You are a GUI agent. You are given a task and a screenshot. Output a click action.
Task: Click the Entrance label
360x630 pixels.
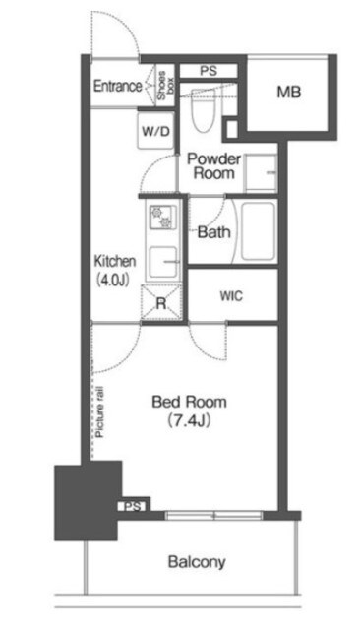click(118, 86)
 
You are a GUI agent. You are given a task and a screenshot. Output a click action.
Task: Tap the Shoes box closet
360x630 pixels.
click(165, 86)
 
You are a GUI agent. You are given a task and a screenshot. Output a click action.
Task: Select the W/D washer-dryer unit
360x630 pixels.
click(155, 131)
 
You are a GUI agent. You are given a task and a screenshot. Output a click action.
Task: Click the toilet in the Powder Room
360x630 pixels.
click(203, 110)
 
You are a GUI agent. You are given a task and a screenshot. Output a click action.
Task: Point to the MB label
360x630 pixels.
click(289, 93)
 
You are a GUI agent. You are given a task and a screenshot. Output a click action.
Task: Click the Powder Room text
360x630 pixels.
click(214, 166)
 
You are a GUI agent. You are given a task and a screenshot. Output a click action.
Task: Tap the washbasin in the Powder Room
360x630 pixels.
click(261, 173)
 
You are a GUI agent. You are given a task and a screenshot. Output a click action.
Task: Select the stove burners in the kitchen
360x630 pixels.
click(160, 218)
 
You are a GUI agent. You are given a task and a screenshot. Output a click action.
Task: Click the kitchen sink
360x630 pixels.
click(163, 262)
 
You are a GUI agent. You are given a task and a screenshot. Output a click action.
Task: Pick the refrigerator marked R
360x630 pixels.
click(161, 302)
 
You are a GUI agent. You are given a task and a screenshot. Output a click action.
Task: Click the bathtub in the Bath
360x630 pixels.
click(258, 231)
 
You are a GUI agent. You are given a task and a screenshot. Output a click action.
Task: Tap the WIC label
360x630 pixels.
click(231, 296)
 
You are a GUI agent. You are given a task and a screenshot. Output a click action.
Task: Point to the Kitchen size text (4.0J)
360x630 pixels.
click(113, 280)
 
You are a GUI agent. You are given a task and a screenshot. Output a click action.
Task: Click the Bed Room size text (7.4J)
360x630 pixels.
click(189, 420)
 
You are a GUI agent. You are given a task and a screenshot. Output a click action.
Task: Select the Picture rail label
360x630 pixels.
click(100, 411)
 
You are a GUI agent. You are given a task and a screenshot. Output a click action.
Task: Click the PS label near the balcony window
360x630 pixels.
click(133, 507)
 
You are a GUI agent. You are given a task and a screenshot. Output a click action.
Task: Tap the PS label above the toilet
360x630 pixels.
click(209, 71)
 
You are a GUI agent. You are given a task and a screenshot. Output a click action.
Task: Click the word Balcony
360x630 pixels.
click(197, 562)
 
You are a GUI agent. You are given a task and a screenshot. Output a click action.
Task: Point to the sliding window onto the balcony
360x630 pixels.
click(213, 516)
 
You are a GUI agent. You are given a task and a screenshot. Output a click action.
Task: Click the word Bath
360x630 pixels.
click(214, 232)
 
